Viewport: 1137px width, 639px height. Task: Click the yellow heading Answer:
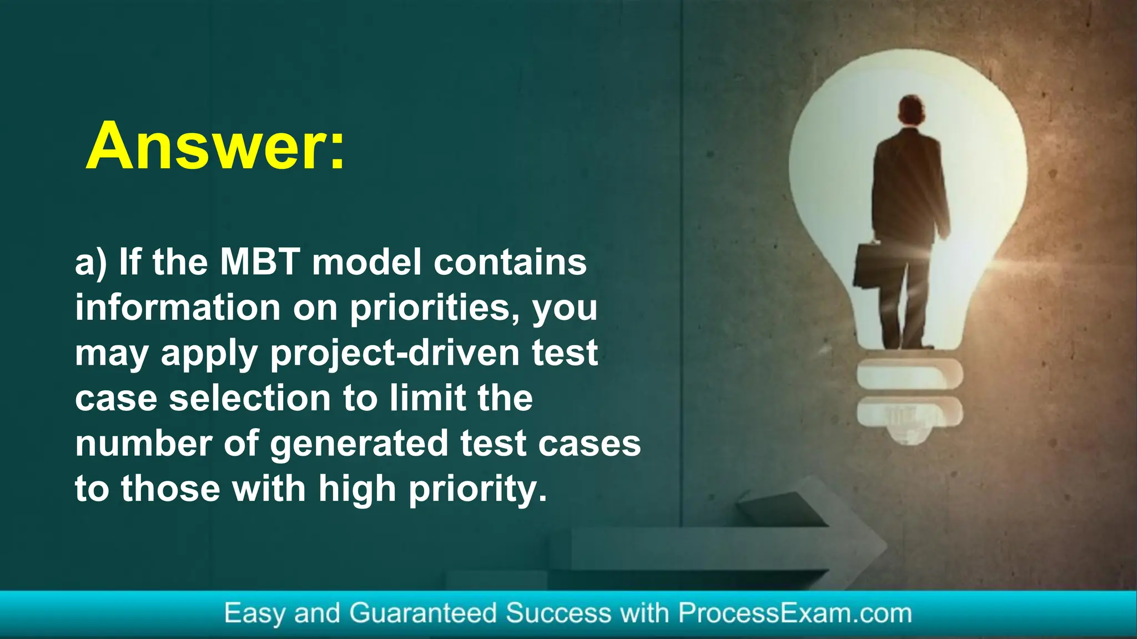[215, 145]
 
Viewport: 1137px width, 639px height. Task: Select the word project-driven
[395, 353]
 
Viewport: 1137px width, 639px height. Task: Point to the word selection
[250, 399]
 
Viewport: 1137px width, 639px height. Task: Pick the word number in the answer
[144, 444]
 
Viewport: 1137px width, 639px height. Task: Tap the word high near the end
[357, 490]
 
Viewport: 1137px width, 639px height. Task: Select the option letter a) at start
[90, 263]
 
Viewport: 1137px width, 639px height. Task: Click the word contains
[510, 262]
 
